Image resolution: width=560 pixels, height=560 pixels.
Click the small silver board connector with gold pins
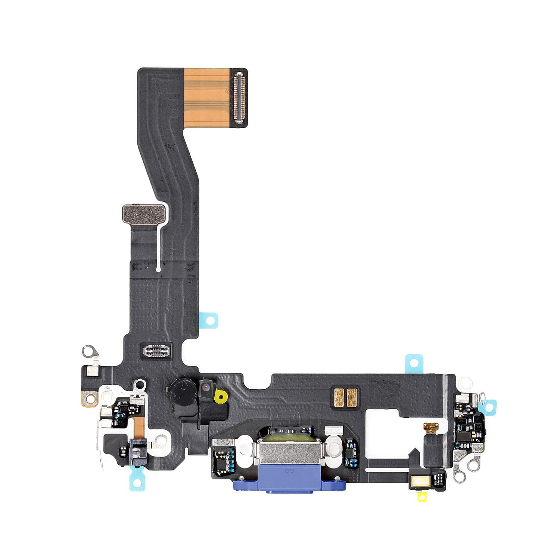157,351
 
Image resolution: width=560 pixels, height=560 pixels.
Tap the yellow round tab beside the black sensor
222,397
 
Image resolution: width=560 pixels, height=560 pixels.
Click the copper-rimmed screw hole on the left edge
88,399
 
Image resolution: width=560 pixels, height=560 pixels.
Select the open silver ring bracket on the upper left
89,351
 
